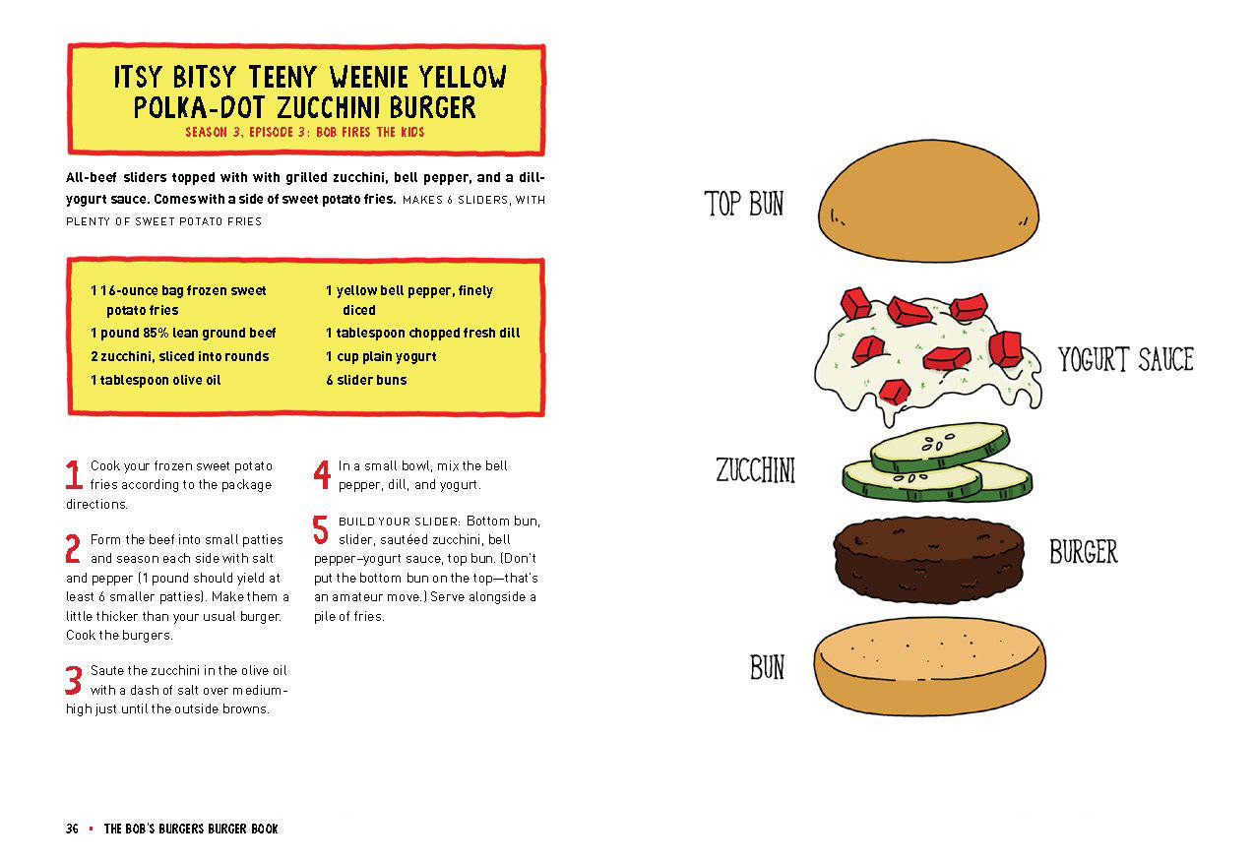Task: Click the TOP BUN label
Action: [x=744, y=204]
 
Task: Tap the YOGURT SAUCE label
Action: [x=1125, y=359]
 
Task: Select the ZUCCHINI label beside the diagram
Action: [x=755, y=470]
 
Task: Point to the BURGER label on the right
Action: [x=1083, y=551]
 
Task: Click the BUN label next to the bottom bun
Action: [x=767, y=667]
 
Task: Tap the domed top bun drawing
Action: [x=928, y=202]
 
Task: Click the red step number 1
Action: [x=73, y=475]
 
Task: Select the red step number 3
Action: [x=74, y=680]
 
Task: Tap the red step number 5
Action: [x=321, y=530]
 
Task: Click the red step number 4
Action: [x=322, y=475]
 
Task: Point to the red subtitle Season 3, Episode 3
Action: [x=305, y=132]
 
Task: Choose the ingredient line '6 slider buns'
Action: [x=366, y=380]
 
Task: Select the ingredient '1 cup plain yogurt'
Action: [x=381, y=356]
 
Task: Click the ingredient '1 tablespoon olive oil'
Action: [x=155, y=380]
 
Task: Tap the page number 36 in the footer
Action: [x=72, y=829]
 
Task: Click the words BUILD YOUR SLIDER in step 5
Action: [x=400, y=521]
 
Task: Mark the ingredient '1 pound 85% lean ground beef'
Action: [x=183, y=333]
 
